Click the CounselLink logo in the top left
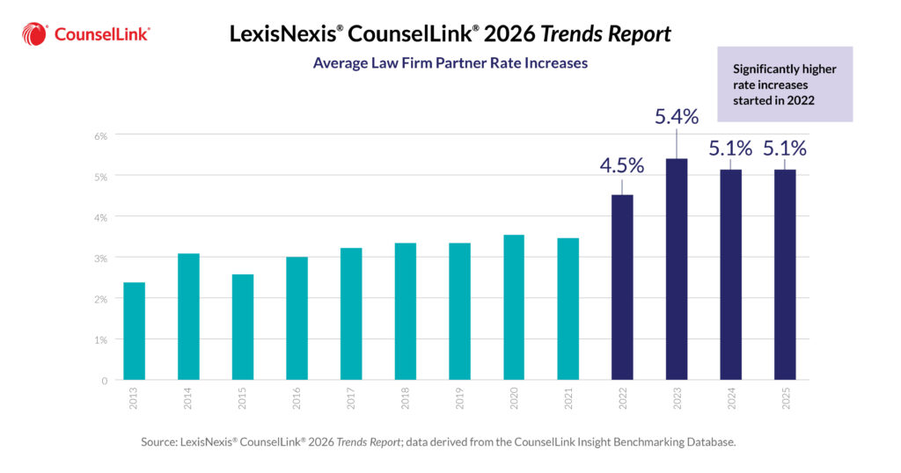(85, 34)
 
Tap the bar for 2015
(243, 327)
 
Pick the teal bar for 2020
(514, 307)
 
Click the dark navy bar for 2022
(622, 287)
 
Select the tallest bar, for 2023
(676, 269)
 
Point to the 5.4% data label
(676, 116)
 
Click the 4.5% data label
(622, 165)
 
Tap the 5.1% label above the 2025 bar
(784, 148)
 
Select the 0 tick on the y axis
(103, 381)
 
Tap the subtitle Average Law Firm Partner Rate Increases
(450, 63)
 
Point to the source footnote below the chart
(437, 442)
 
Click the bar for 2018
(405, 311)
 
